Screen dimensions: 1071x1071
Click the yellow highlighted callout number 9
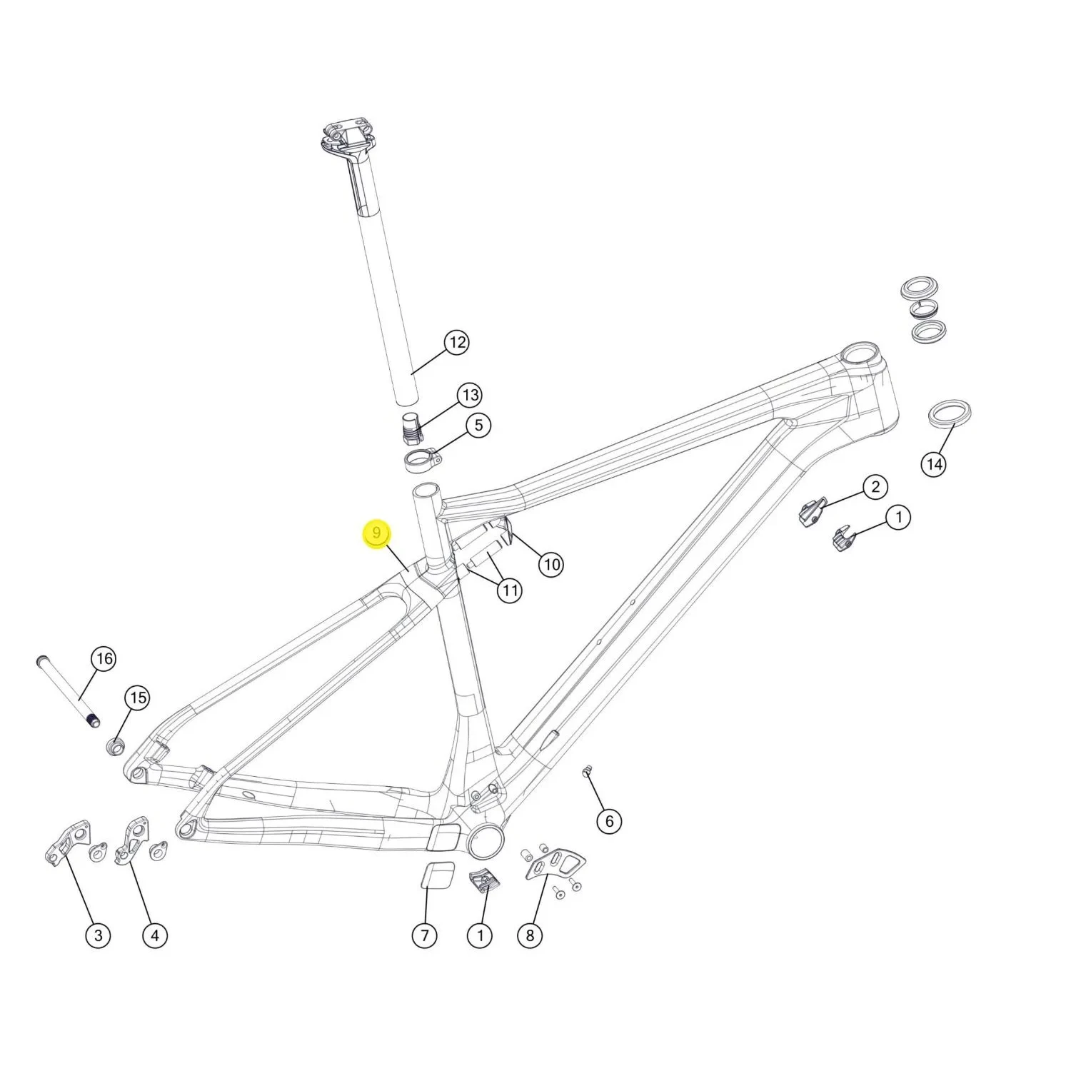[377, 534]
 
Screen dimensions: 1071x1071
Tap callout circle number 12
[457, 343]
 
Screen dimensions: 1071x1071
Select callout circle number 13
[469, 395]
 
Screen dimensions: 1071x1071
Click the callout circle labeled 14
[934, 464]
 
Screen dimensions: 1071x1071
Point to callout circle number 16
[104, 658]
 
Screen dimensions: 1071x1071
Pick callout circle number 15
[138, 698]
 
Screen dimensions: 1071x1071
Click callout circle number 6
[609, 821]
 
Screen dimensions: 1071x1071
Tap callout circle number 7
[425, 935]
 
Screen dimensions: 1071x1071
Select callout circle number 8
[530, 935]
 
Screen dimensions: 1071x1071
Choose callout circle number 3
[98, 935]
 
